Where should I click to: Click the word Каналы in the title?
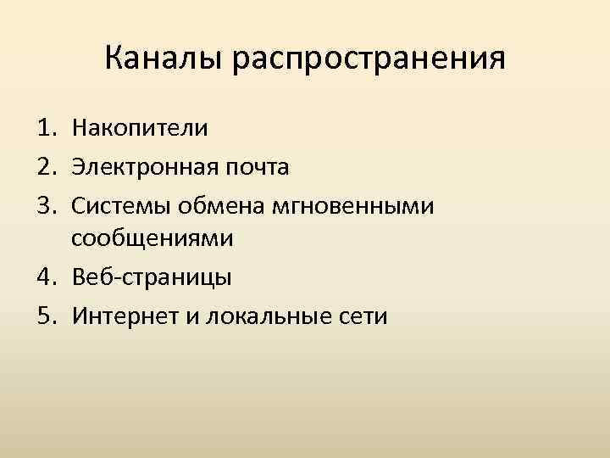(161, 59)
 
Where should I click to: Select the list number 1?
(44, 129)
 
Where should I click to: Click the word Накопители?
(140, 129)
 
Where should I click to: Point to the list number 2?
(44, 166)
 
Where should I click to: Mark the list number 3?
(44, 204)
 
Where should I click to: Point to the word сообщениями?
(152, 240)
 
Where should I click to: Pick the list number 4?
(44, 277)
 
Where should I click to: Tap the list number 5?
(44, 315)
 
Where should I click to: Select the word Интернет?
(123, 315)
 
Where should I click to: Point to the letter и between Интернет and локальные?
(186, 316)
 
